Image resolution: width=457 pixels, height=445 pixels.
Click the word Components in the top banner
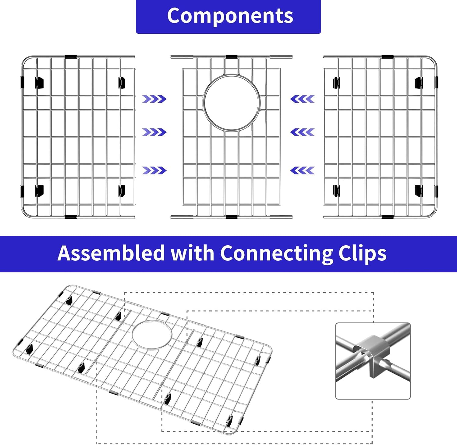pos(230,16)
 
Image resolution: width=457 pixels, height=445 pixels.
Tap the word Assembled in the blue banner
pos(111,253)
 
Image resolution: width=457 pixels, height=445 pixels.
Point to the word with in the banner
pos(192,253)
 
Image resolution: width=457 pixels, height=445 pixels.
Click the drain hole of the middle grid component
pos(232,103)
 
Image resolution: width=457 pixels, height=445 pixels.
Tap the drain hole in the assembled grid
pos(152,335)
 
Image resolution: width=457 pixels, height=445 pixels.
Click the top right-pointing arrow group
pos(154,99)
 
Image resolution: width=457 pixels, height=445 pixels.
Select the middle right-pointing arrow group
pos(154,132)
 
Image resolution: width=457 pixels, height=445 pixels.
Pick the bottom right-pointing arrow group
pos(154,170)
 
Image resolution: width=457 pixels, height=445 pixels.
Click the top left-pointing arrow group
pos(303,99)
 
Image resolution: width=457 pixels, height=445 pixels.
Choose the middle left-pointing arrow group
pos(303,132)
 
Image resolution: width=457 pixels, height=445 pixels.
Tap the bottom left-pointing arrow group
pos(303,170)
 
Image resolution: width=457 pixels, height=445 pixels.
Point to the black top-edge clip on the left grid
pos(71,57)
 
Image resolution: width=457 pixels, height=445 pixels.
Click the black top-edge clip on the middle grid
pos(232,57)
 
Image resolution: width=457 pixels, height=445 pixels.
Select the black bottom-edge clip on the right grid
pos(388,217)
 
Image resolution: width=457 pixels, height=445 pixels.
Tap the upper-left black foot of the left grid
pos(39,83)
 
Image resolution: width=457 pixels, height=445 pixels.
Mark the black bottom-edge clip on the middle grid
pos(232,217)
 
